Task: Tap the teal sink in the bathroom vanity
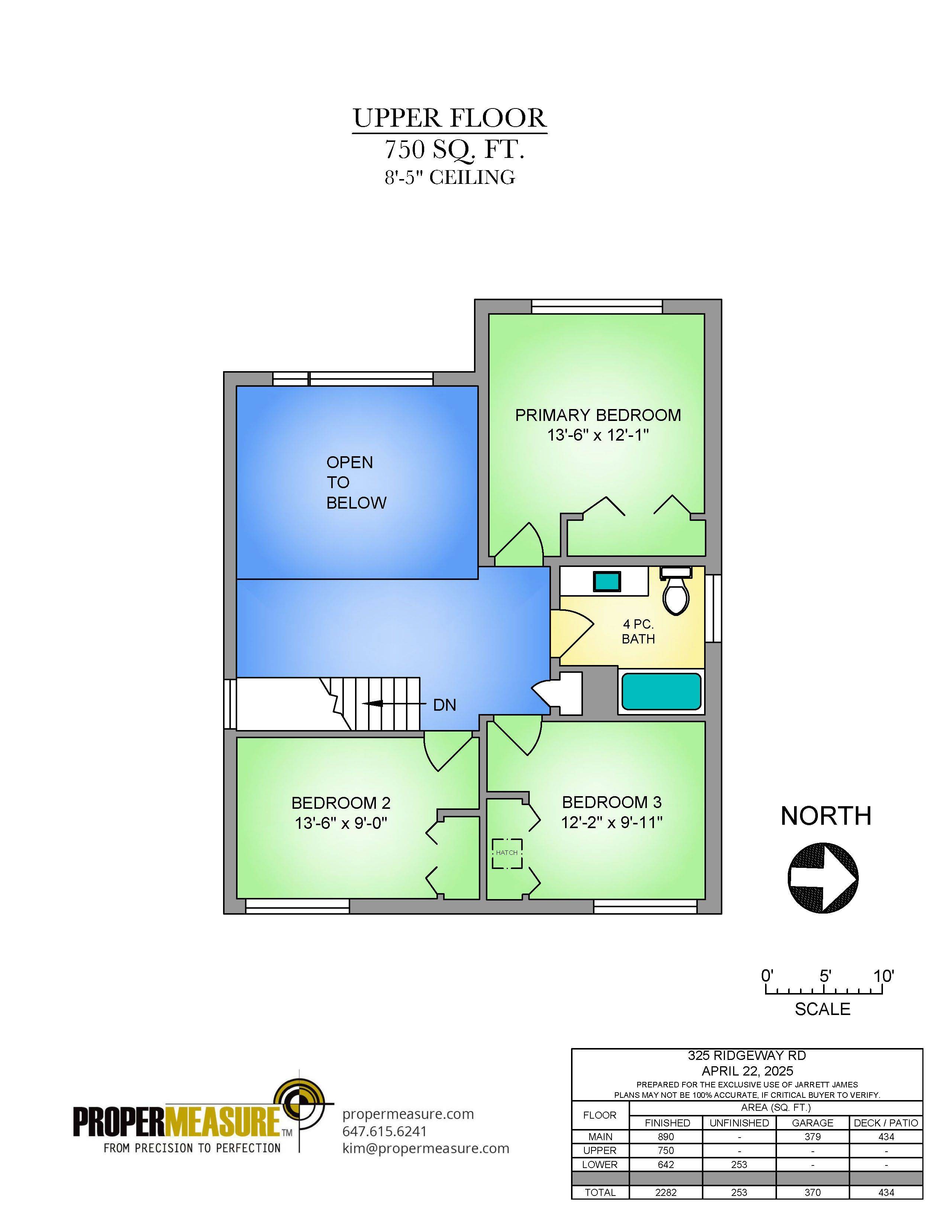coord(607,580)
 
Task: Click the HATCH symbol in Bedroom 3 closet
coord(507,853)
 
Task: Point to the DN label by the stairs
coord(445,705)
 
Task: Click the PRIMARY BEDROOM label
coord(598,415)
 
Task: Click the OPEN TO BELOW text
coord(356,482)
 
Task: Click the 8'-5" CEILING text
coord(449,177)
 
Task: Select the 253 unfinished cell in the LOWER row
coord(739,1165)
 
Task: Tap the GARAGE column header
coord(813,1123)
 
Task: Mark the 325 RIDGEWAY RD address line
coord(747,1056)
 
